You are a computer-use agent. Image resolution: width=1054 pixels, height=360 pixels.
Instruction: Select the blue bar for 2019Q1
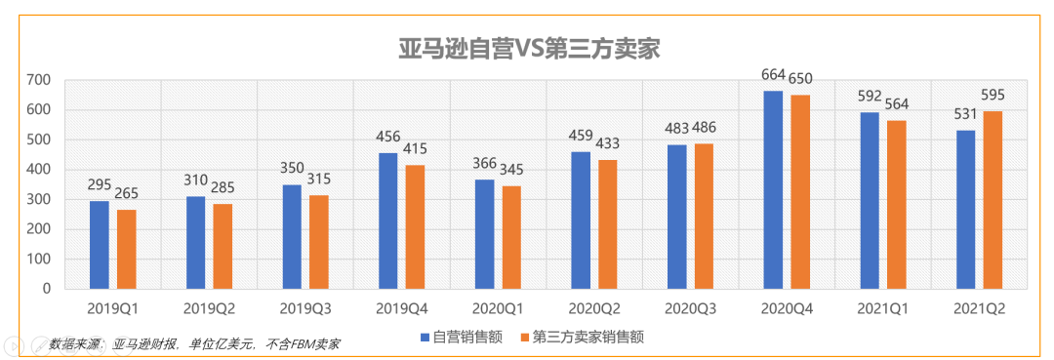[x=99, y=245]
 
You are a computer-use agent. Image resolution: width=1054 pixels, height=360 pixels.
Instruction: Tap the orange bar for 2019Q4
[x=416, y=227]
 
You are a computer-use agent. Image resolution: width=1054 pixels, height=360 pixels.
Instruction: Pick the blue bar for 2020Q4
[x=773, y=190]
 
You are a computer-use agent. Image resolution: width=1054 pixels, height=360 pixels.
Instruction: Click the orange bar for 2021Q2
[x=993, y=200]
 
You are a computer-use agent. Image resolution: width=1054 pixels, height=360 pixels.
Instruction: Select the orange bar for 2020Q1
[x=511, y=237]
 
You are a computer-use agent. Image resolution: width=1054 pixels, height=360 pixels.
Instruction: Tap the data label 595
[x=993, y=96]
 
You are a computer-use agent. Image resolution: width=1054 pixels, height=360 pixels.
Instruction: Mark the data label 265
[x=127, y=193]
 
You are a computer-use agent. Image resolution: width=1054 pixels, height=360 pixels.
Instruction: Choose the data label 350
[x=292, y=168]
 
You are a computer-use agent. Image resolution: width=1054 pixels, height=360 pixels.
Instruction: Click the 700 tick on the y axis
[x=39, y=79]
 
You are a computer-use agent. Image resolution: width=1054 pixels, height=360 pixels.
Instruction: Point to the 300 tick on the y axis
[x=39, y=199]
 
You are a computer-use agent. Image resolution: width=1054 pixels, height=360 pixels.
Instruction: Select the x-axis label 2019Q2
[x=209, y=308]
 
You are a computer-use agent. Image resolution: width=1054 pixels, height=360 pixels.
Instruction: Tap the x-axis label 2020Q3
[x=689, y=308]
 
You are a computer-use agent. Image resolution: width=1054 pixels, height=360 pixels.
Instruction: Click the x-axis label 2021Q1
[x=881, y=308]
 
